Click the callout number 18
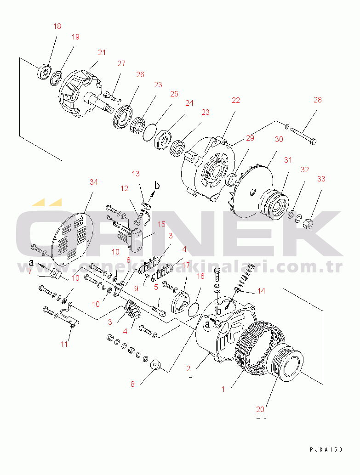click(57, 26)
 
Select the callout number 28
click(318, 100)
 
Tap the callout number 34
click(94, 182)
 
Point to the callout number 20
click(261, 409)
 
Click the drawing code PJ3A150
click(326, 450)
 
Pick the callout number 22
click(235, 101)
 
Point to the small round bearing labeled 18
click(45, 72)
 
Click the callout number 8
click(132, 384)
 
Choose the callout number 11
click(64, 344)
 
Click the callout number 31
click(288, 160)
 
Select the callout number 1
click(223, 389)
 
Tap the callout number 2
click(188, 368)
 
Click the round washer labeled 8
click(155, 365)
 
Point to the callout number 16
click(200, 276)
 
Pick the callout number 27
click(121, 63)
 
